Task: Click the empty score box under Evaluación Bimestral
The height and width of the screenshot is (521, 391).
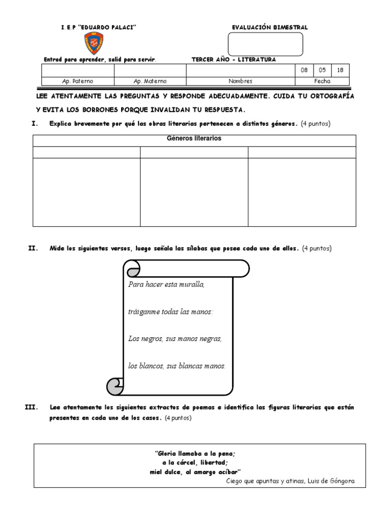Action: [x=265, y=44]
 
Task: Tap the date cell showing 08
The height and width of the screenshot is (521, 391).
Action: [x=304, y=71]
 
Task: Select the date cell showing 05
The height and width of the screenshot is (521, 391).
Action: [x=322, y=71]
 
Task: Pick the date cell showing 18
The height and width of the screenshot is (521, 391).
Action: [x=340, y=71]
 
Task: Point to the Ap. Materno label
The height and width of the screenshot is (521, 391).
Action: [x=150, y=81]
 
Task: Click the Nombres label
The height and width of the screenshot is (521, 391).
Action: [x=240, y=81]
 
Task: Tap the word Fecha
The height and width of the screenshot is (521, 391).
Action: [x=322, y=81]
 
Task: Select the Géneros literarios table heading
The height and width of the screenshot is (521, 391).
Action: [x=194, y=139]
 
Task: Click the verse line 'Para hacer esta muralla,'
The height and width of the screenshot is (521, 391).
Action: [x=166, y=284]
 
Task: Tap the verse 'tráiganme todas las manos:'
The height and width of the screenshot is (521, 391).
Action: [x=171, y=311]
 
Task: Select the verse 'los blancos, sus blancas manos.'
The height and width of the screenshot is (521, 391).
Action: [x=177, y=365]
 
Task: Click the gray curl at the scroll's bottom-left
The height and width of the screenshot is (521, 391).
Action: [x=114, y=386]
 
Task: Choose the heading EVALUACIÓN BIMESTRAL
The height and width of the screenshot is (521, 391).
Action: [x=270, y=27]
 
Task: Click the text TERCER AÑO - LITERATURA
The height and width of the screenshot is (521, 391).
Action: [x=233, y=60]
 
